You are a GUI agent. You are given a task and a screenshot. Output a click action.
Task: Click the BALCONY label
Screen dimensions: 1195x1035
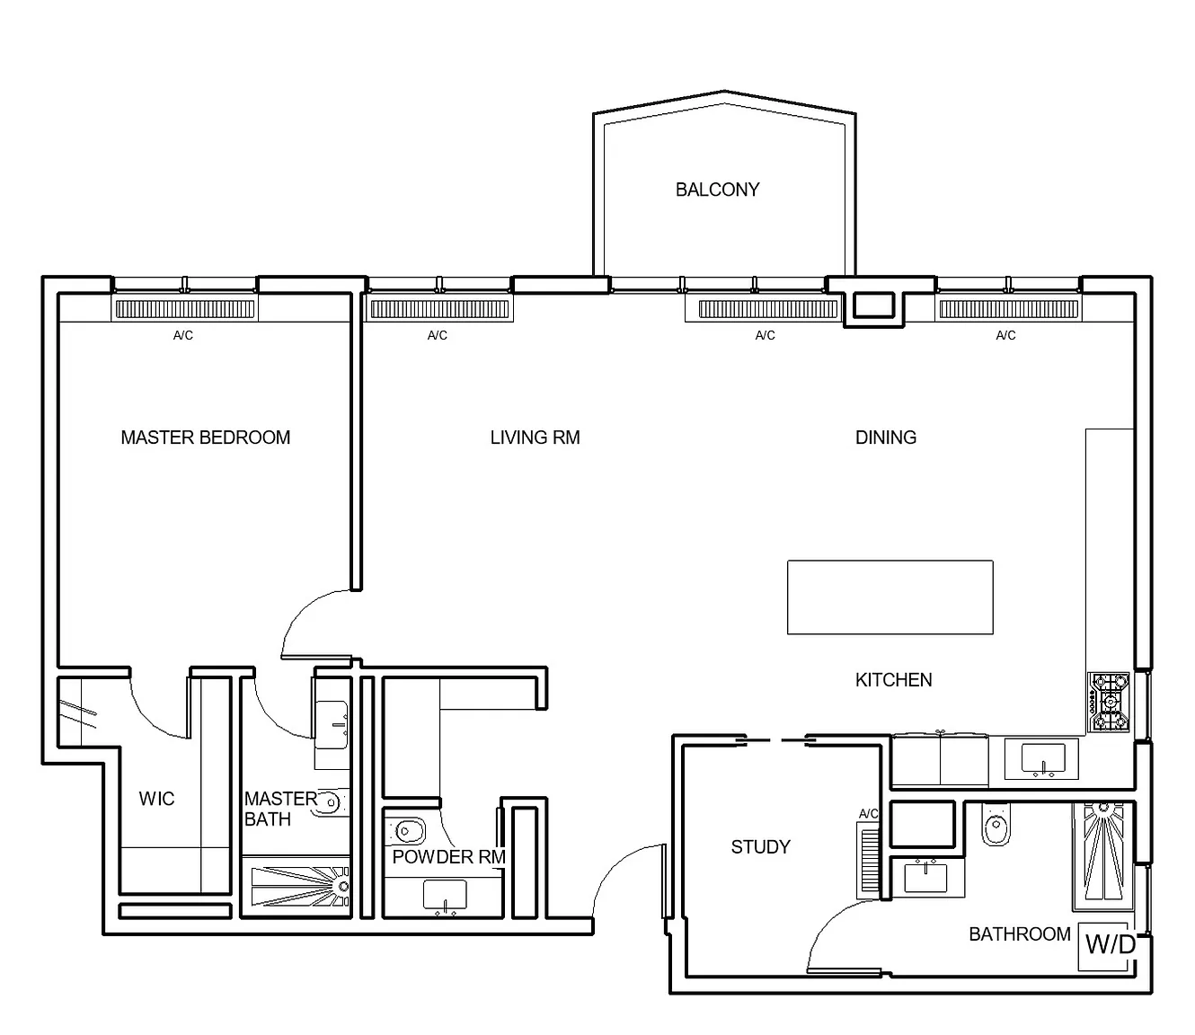(717, 190)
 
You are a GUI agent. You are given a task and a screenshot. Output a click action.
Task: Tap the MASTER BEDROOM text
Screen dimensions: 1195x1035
(205, 438)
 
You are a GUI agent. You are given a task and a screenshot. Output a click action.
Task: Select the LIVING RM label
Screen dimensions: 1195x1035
(535, 438)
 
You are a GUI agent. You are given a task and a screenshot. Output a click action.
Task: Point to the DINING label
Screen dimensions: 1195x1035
(886, 438)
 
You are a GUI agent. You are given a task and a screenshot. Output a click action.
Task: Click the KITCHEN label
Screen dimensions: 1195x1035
(893, 680)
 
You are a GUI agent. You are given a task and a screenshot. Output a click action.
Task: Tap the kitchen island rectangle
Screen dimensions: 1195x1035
(890, 597)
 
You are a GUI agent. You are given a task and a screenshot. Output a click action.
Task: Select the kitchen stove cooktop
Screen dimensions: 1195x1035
(1109, 703)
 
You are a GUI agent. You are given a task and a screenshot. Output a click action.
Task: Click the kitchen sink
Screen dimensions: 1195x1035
(1043, 759)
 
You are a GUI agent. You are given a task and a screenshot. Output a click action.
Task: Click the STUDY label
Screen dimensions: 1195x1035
(760, 847)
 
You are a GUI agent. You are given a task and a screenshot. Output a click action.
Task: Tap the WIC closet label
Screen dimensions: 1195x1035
(156, 799)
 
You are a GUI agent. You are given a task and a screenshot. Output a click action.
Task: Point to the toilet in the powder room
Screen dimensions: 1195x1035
(405, 832)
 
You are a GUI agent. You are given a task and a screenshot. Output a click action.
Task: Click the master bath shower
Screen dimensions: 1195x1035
(301, 887)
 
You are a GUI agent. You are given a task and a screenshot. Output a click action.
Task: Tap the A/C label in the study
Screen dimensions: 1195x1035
(868, 814)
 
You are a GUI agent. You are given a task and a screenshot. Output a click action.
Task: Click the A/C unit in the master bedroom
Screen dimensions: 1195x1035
(185, 309)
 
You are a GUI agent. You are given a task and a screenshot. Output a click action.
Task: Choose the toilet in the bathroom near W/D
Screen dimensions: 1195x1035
(996, 823)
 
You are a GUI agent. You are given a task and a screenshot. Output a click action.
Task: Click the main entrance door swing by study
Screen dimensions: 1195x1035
(627, 881)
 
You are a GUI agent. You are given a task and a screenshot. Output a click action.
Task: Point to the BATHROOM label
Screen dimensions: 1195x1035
(1020, 934)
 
